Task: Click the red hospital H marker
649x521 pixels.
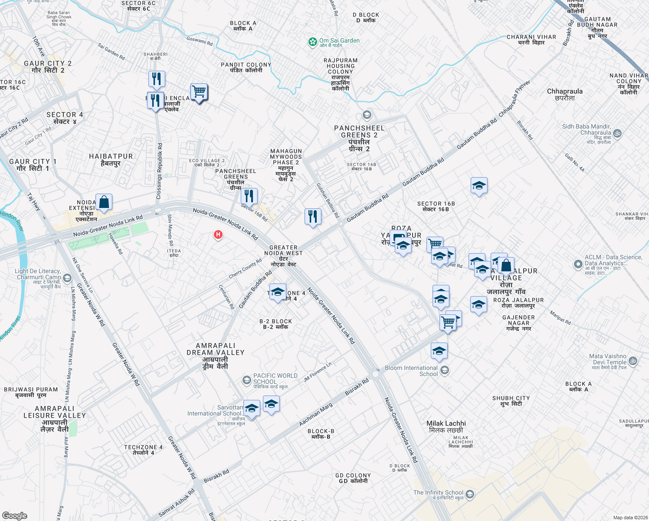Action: (218, 235)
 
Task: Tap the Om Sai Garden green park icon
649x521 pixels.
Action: (312, 42)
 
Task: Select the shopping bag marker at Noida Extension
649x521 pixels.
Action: (104, 202)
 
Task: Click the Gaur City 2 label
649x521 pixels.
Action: (48, 67)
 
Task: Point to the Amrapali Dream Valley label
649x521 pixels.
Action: (216, 356)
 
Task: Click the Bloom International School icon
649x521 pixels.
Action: (444, 370)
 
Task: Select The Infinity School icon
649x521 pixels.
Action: (469, 495)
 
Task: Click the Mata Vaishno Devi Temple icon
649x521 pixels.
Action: (633, 361)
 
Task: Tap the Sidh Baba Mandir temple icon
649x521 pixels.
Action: (617, 134)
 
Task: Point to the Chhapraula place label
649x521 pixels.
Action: (564, 94)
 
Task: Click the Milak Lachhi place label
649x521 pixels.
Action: (446, 426)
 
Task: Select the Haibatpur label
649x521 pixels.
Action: (111, 159)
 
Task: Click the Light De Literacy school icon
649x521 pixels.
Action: (67, 277)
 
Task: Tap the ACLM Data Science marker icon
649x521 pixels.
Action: (578, 264)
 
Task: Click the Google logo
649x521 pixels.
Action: (15, 515)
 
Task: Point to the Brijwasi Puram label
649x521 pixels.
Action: (30, 392)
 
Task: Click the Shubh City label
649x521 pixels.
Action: (511, 401)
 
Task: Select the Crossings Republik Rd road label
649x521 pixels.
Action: (159, 171)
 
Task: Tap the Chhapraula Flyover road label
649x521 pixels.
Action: (515, 99)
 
